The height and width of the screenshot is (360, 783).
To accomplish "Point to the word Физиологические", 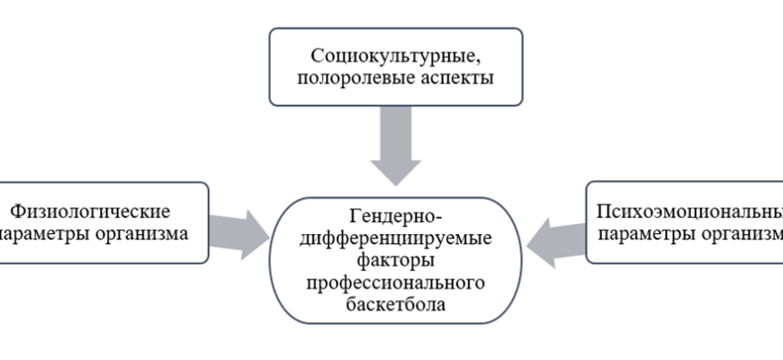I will click(x=90, y=211).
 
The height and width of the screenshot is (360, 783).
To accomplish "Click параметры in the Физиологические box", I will click(x=45, y=234).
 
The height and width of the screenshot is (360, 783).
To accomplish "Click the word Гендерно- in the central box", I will click(x=395, y=216).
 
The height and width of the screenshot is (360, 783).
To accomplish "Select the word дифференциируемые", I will click(x=395, y=238).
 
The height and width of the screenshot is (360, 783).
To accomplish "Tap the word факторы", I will click(x=395, y=261).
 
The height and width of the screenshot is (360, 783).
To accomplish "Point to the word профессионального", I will click(x=395, y=283).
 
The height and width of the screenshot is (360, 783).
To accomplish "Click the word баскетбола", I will click(x=395, y=305).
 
